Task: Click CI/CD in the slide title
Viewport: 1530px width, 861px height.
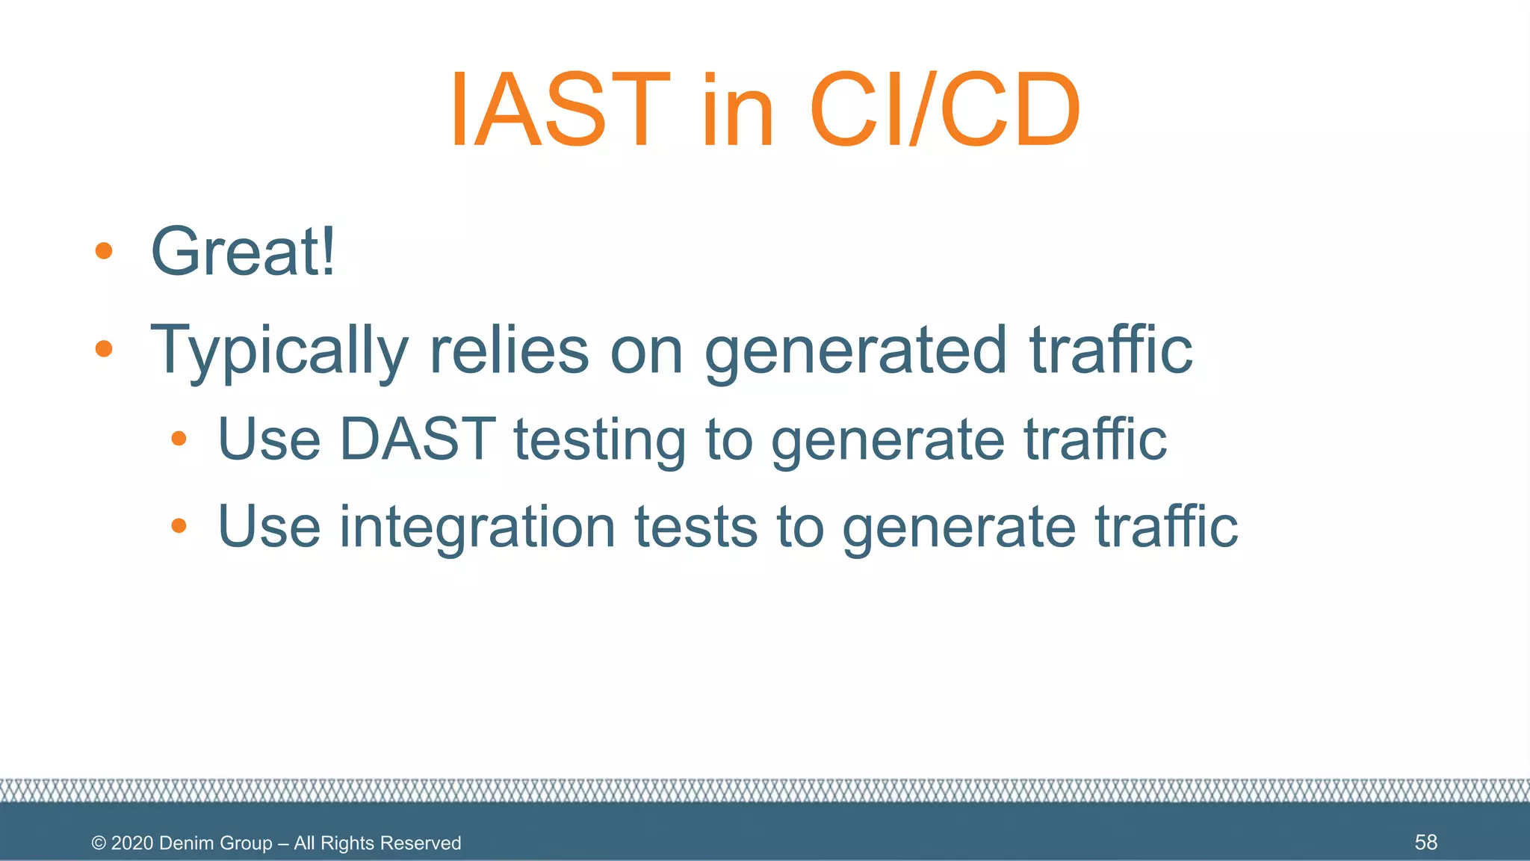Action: coord(944,110)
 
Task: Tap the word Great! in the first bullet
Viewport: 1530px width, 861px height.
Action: coord(244,251)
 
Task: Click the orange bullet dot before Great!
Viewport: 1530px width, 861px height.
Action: coord(104,251)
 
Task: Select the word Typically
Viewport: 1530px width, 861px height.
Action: coord(279,350)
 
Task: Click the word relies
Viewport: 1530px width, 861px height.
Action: coord(509,350)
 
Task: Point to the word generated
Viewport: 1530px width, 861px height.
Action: coord(856,350)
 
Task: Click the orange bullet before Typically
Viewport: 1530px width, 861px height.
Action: coord(104,348)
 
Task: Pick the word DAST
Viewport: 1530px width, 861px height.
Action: coord(417,439)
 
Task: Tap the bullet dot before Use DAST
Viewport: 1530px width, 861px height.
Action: coord(179,439)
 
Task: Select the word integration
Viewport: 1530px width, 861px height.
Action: coord(477,528)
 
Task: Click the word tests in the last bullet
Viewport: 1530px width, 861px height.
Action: coord(696,528)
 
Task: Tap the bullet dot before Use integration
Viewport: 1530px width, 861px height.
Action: coord(179,526)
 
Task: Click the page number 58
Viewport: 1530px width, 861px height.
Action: coord(1425,842)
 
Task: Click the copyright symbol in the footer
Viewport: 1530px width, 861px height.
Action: coord(99,843)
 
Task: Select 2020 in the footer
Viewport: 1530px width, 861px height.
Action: coord(132,843)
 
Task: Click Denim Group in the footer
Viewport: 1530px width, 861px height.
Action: coord(215,843)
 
